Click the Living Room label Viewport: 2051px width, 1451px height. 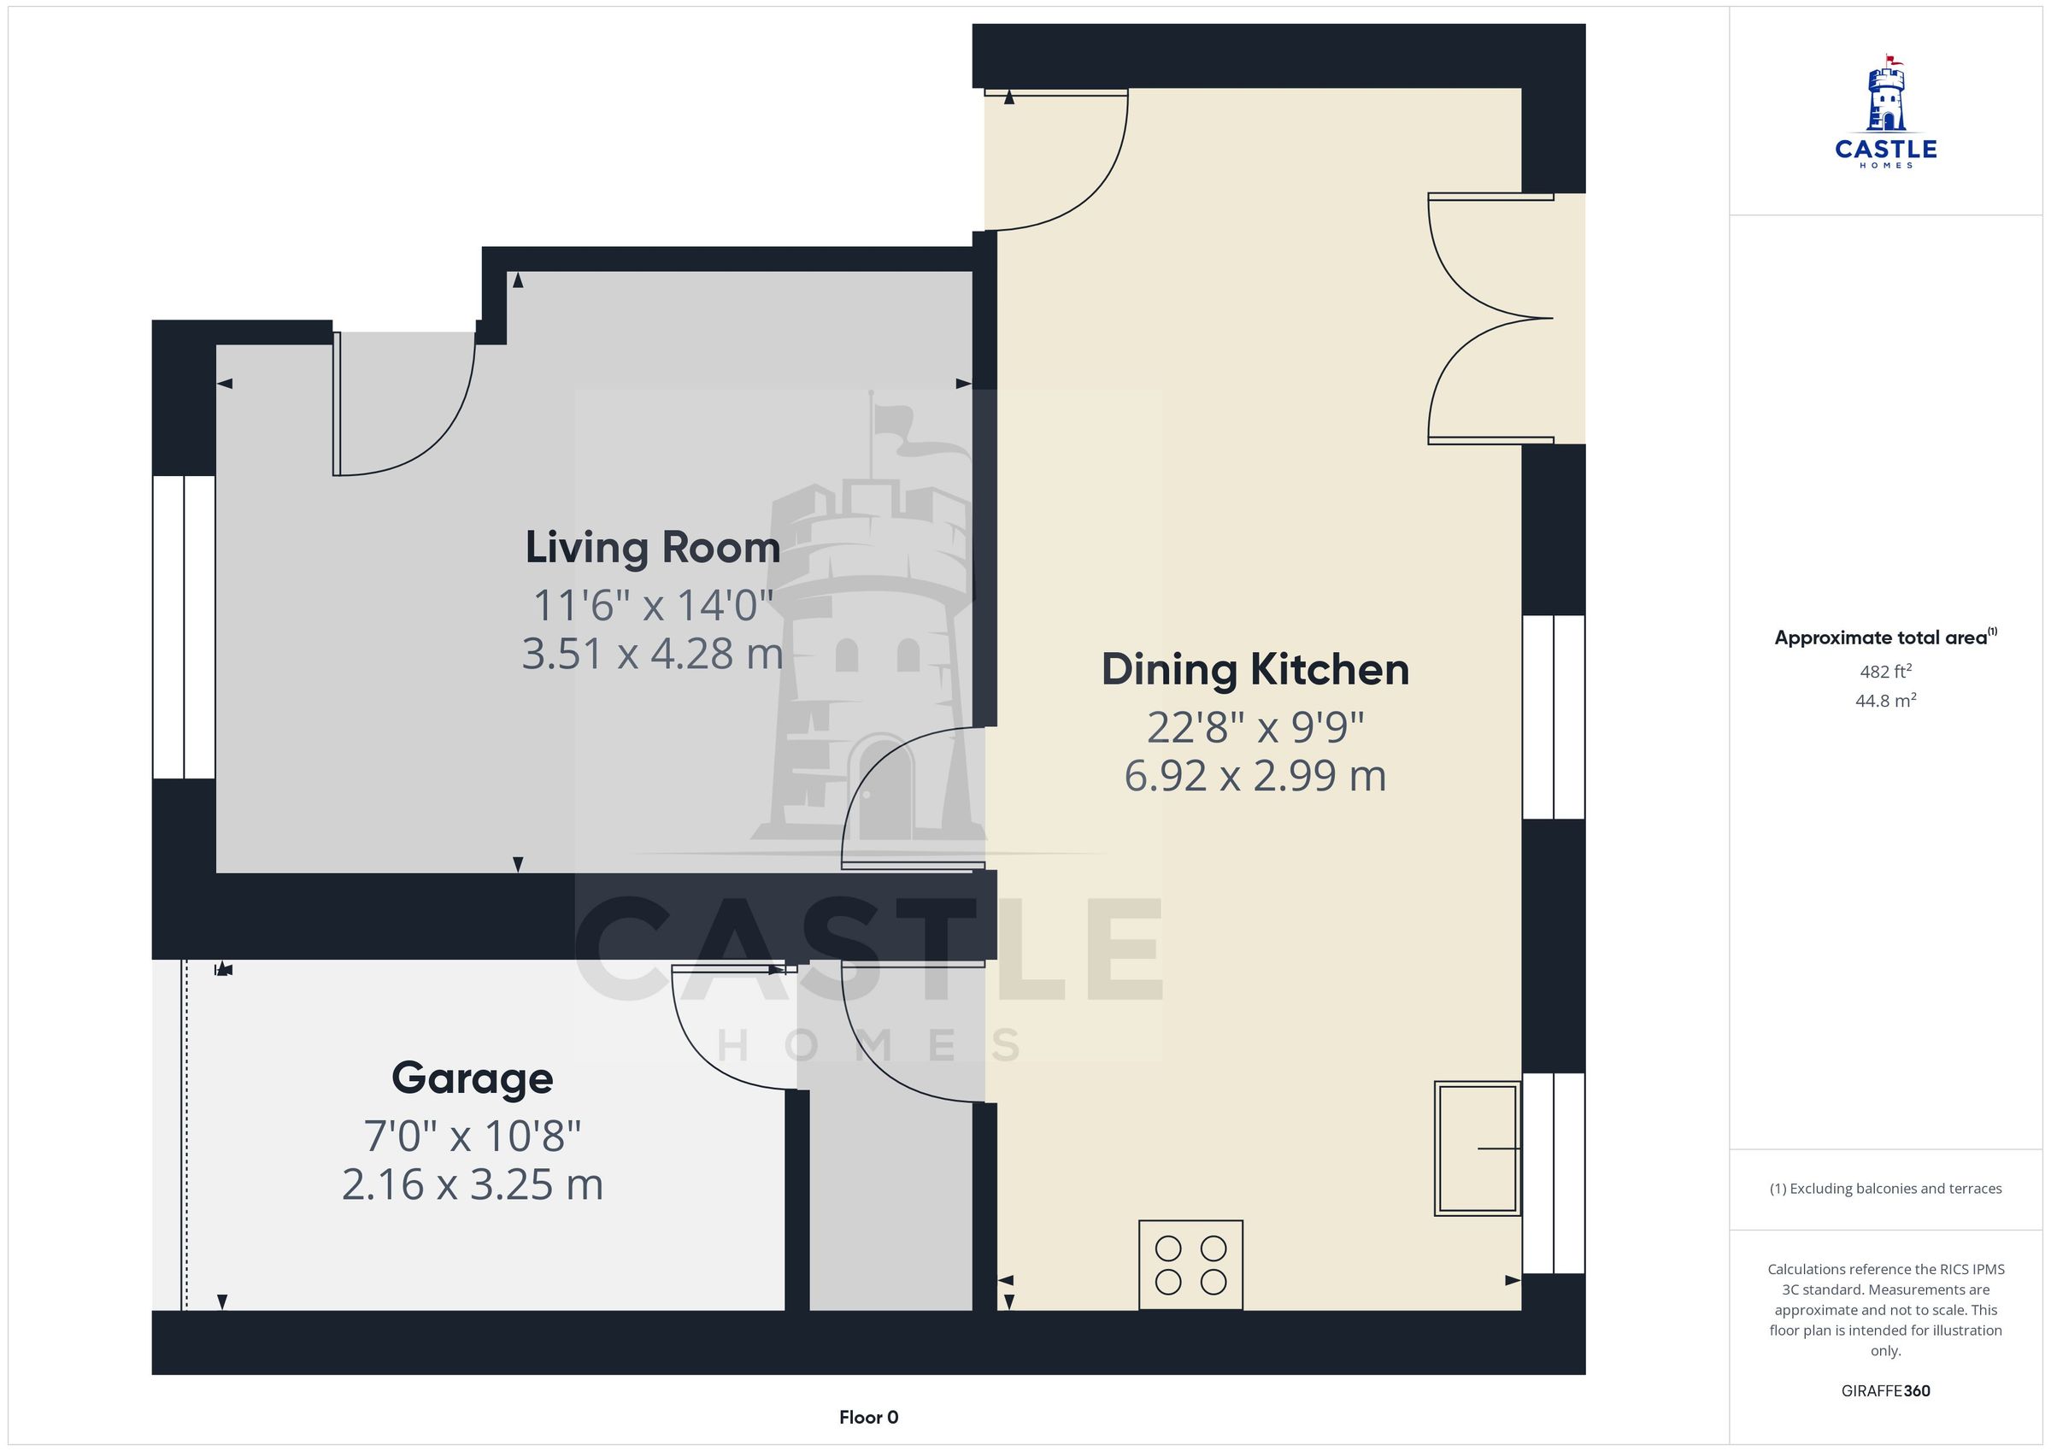coord(652,548)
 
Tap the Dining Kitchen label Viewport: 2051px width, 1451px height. coord(1255,669)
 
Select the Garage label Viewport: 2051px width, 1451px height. coord(473,1078)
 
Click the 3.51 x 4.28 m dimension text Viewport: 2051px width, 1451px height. coord(652,653)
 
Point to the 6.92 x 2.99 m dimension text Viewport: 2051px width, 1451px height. coord(1255,776)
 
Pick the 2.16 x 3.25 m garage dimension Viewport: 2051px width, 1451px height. coord(473,1184)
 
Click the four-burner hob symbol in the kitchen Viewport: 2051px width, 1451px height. coord(1190,1266)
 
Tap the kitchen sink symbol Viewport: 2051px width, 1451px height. coord(1478,1148)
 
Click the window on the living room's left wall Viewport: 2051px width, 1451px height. coord(184,627)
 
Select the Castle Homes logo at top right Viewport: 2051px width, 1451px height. coord(1886,112)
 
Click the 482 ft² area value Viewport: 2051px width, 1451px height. coord(1886,671)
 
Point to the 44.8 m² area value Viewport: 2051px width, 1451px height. coord(1886,701)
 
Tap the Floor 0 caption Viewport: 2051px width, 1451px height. coord(868,1417)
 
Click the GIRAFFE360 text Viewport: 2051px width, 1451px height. coord(1886,1391)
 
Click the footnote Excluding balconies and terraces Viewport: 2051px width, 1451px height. coord(1886,1189)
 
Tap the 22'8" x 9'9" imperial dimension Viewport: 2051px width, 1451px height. coord(1255,727)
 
